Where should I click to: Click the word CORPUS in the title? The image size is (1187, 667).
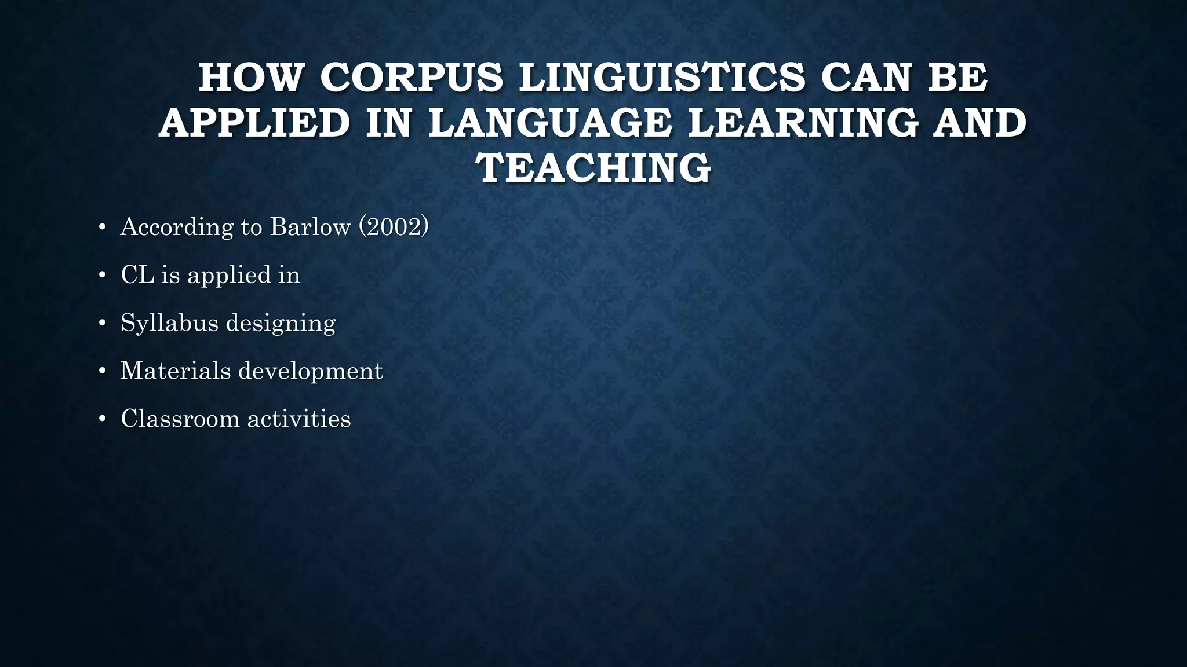click(x=412, y=78)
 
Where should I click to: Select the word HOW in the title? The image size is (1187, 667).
click(x=251, y=78)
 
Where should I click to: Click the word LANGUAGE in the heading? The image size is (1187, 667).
click(x=551, y=123)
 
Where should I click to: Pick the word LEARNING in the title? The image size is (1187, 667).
click(x=803, y=123)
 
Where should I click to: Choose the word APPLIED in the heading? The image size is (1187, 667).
click(x=254, y=123)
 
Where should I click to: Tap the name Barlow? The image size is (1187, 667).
click(x=310, y=226)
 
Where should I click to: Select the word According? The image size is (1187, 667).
click(x=177, y=226)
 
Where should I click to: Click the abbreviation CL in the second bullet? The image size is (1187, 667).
click(x=137, y=274)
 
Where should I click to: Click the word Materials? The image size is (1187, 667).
click(x=175, y=371)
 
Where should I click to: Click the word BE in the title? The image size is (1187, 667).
click(x=958, y=78)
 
